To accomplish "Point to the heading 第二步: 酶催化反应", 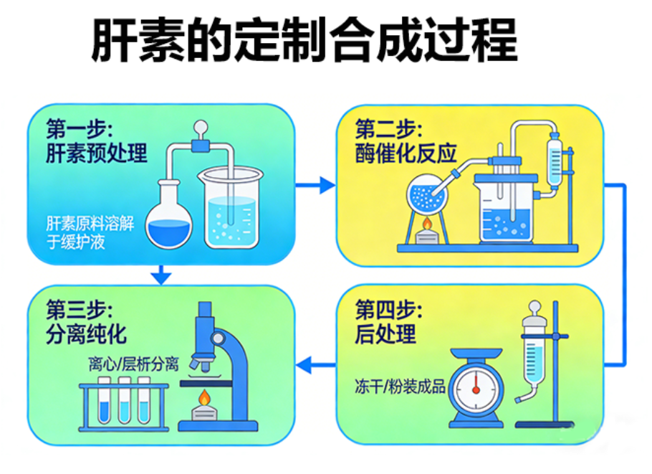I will tap(406, 141).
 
